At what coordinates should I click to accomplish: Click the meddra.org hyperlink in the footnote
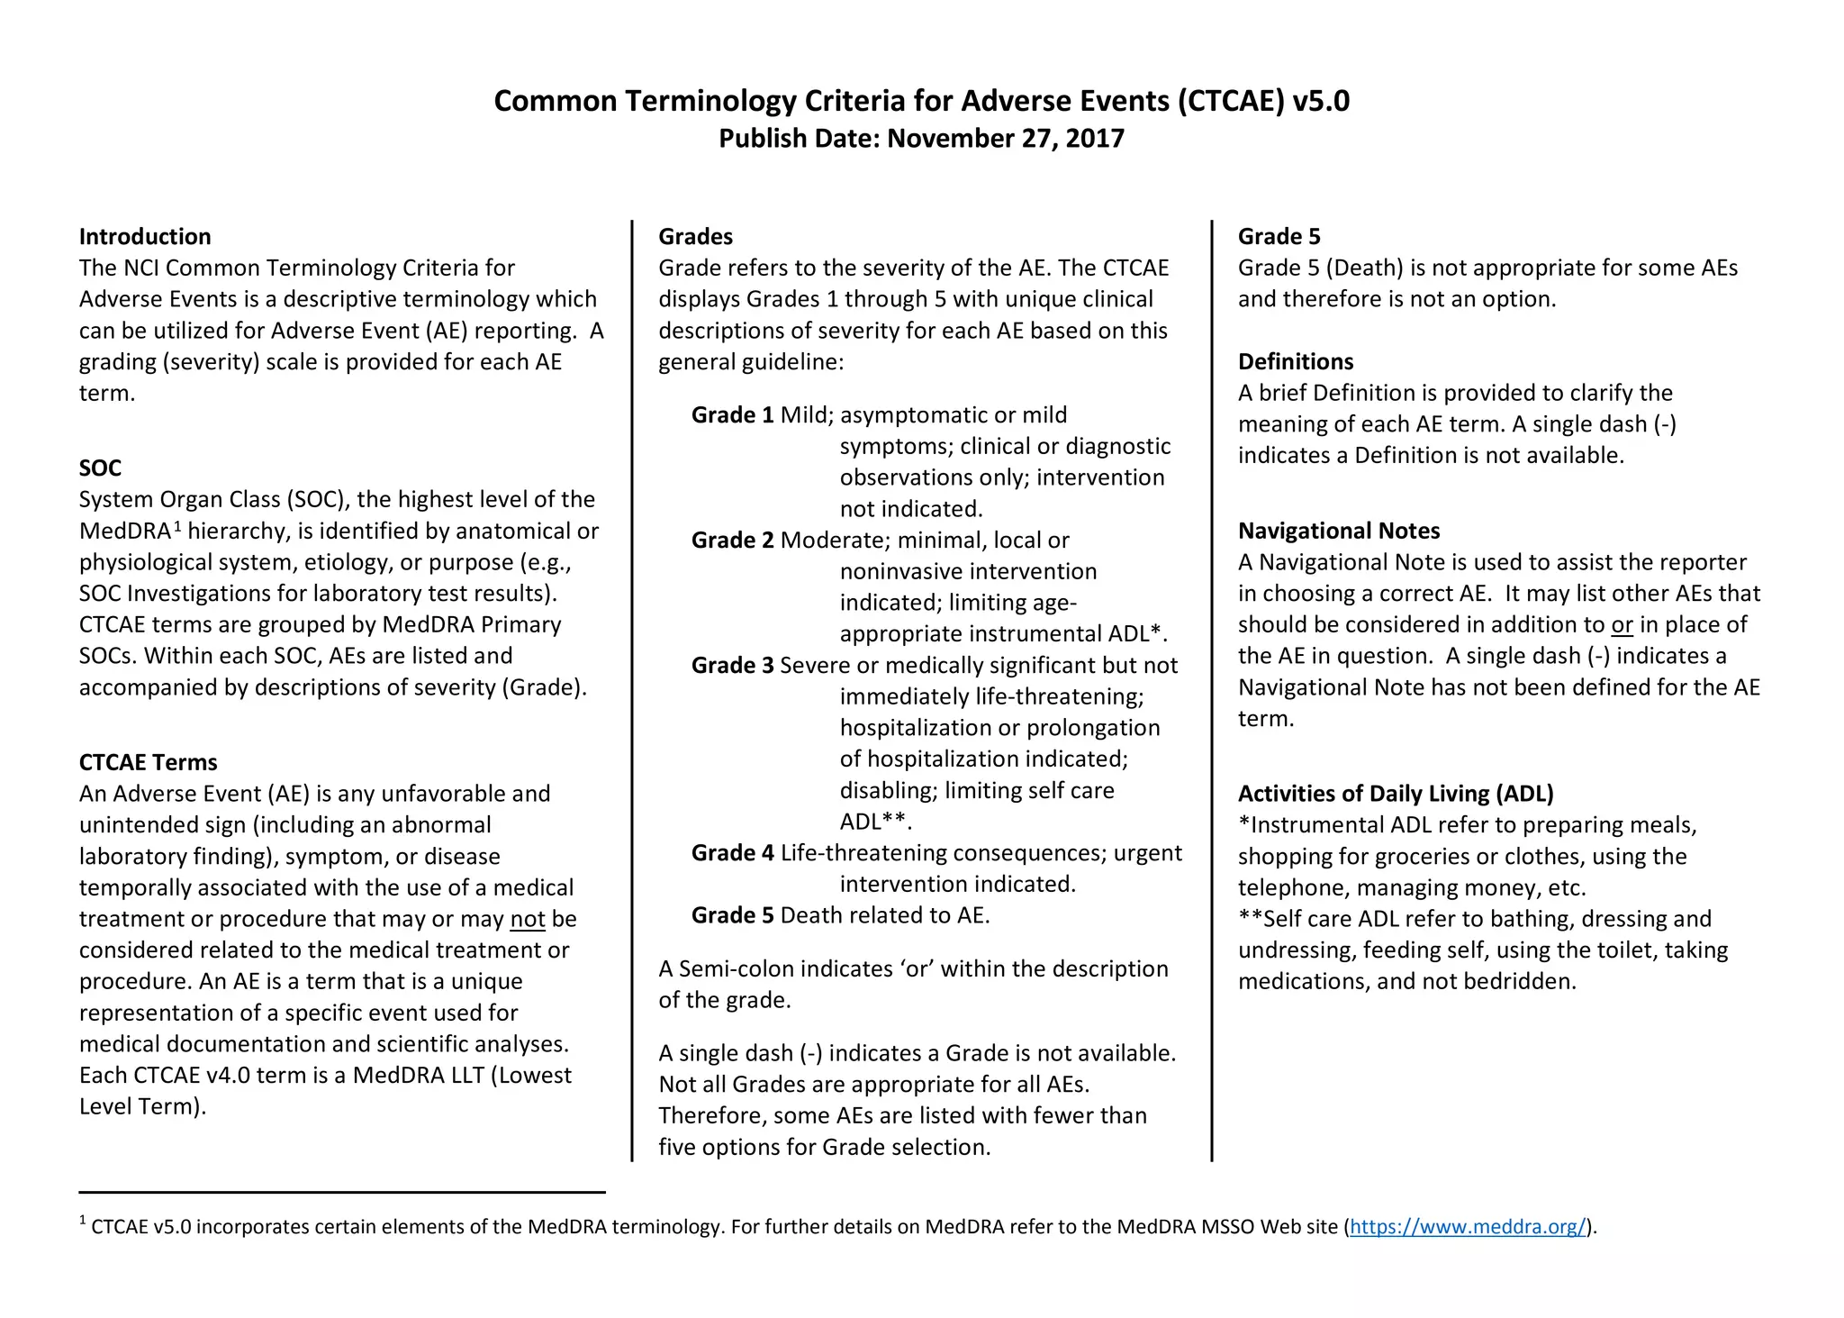[x=1467, y=1226]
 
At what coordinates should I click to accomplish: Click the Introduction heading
[x=145, y=237]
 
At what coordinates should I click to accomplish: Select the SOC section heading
[x=100, y=468]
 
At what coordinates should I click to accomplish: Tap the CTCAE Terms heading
[x=149, y=763]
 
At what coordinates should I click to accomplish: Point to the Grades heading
[x=695, y=237]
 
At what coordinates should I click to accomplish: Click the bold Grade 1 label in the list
[x=732, y=415]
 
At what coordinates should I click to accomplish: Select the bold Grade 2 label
[x=732, y=541]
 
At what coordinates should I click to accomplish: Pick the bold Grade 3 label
[x=732, y=666]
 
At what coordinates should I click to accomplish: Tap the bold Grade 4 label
[x=732, y=853]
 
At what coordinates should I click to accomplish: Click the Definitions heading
[x=1295, y=362]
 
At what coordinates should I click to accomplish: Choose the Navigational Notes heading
[x=1338, y=532]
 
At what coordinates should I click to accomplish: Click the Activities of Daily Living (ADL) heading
[x=1395, y=794]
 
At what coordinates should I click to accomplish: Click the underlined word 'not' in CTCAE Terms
[x=528, y=919]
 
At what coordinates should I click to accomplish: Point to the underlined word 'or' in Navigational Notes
[x=1622, y=625]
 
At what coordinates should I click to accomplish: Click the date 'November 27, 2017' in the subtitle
[x=1006, y=139]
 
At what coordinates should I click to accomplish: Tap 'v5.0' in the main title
[x=1320, y=101]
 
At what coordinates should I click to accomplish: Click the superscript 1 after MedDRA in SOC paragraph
[x=177, y=526]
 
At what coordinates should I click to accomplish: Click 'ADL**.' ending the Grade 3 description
[x=875, y=822]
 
